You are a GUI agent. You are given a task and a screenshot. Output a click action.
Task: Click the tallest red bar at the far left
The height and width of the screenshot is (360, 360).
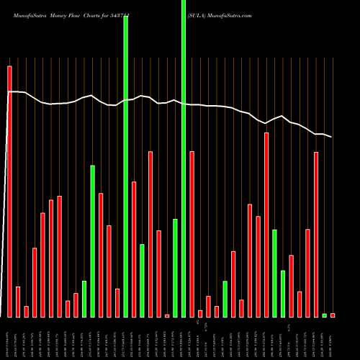[9, 192]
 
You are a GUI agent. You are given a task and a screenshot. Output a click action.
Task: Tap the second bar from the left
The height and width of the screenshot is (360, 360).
[18, 302]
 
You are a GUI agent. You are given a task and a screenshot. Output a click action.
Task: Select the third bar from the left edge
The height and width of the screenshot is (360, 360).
[26, 311]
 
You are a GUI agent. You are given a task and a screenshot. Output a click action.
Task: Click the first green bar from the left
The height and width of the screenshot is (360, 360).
[84, 299]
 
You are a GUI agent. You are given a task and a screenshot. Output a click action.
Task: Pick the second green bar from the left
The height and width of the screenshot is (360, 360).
[93, 241]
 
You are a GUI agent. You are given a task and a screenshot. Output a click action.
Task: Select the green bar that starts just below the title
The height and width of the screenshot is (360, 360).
[126, 166]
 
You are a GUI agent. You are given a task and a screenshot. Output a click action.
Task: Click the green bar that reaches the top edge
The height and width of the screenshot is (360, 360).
[184, 158]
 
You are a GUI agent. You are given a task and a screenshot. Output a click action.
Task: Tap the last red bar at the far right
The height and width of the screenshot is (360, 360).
[333, 315]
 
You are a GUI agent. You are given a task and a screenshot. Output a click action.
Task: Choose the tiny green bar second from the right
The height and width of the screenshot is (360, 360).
[324, 315]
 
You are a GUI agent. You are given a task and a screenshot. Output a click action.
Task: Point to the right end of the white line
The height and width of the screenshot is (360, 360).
[331, 137]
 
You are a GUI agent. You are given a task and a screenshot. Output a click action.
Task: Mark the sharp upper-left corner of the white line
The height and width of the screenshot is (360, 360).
[9, 92]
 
